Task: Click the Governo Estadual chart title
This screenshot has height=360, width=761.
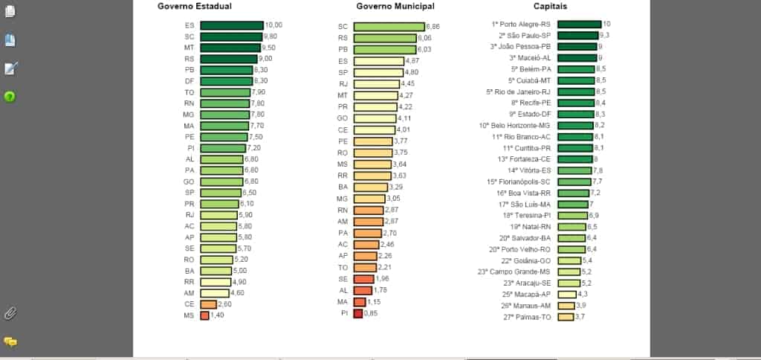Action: (194, 6)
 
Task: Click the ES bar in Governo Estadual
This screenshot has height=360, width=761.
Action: (231, 25)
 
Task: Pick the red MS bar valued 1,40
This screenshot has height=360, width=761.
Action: (204, 315)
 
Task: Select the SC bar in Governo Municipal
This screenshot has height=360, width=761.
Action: (389, 27)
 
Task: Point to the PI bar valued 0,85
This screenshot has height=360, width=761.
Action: (358, 313)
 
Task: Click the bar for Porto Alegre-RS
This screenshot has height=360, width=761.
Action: (579, 24)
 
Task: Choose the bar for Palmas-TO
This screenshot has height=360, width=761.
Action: (566, 317)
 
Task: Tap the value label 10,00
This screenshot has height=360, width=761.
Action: (273, 25)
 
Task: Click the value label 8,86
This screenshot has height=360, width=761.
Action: (433, 27)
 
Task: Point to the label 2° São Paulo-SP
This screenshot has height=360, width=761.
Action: (525, 35)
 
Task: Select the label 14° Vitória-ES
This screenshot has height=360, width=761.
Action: (529, 170)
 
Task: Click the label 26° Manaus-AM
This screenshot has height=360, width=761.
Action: (525, 306)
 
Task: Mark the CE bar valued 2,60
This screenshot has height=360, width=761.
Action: (208, 304)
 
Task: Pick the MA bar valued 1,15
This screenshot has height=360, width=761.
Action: (360, 302)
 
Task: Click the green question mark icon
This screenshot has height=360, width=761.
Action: (10, 97)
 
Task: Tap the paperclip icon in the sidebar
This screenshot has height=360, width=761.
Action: (10, 313)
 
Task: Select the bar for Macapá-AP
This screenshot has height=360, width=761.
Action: (567, 295)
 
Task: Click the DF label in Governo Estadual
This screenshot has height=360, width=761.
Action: (190, 80)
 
